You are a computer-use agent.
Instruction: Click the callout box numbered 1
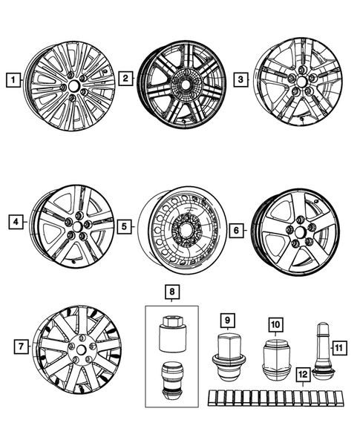tap(11, 76)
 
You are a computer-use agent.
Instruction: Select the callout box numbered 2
tap(126, 76)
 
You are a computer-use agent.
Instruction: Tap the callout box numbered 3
tap(241, 78)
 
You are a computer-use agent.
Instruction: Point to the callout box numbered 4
tap(13, 220)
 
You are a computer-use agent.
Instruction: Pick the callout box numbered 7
tap(23, 346)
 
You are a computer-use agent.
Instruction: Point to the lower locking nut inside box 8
tap(173, 379)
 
